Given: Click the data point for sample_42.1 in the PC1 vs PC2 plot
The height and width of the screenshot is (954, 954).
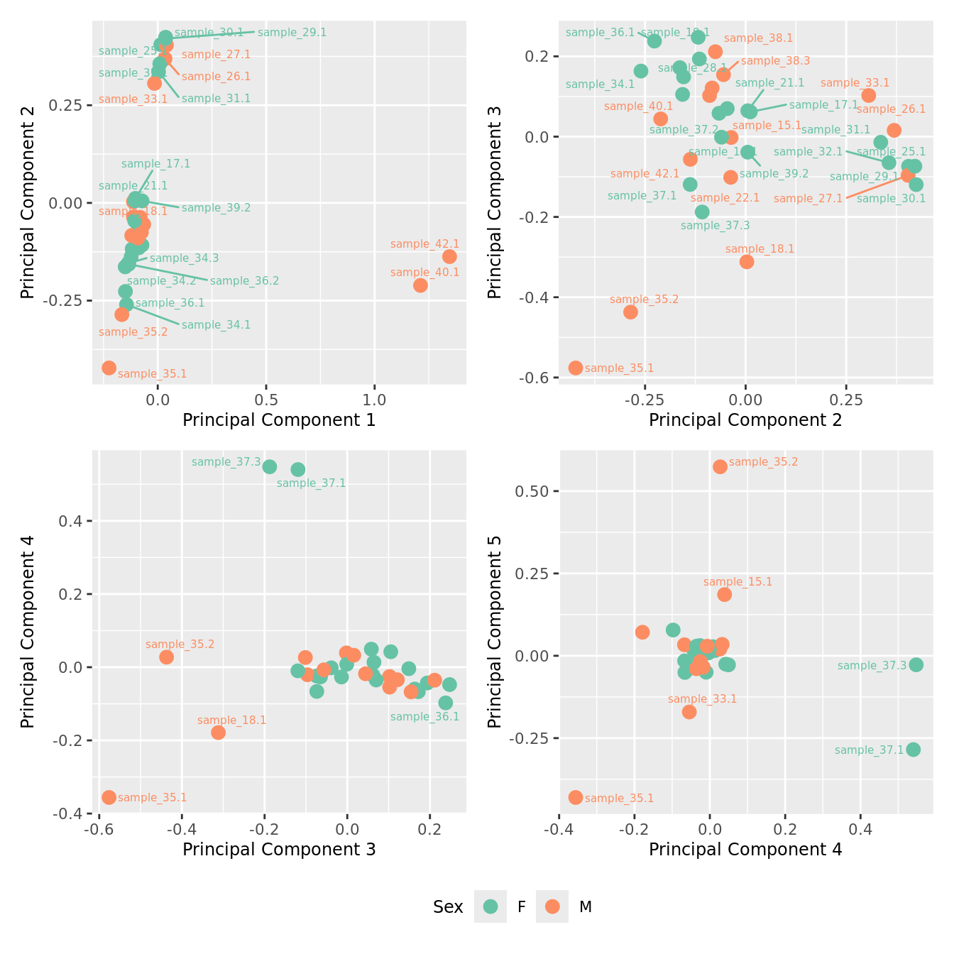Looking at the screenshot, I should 449,256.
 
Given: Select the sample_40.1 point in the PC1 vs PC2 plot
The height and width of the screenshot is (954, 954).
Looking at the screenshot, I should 420,285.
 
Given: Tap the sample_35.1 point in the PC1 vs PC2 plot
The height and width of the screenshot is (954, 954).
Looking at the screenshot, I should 109,368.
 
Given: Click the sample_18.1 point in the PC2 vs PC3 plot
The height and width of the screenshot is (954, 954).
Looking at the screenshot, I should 747,262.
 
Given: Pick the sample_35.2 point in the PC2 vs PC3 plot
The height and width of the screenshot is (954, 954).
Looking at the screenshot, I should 630,312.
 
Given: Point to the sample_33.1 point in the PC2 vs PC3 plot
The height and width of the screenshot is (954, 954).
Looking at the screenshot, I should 869,95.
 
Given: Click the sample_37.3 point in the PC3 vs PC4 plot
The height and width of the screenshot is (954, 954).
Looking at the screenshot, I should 270,466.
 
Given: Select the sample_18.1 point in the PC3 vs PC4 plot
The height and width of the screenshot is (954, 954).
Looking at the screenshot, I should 219,733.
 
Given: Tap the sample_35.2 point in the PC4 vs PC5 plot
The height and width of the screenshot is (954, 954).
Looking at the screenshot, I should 720,466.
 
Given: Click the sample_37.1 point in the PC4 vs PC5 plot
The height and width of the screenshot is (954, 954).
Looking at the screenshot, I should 914,750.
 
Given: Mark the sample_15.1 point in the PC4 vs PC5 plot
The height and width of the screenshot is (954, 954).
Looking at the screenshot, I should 725,594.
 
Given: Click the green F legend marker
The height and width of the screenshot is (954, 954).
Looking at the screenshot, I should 490,906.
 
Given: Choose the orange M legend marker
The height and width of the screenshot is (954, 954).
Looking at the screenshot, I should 552,906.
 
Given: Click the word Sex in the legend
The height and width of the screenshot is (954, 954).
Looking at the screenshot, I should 448,907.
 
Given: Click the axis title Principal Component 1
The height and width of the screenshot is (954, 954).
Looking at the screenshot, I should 279,420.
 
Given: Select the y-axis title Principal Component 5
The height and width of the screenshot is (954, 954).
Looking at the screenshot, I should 495,632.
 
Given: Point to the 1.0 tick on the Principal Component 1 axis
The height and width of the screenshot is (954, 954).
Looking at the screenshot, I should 375,400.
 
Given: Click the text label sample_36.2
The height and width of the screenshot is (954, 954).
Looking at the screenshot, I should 244,281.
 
